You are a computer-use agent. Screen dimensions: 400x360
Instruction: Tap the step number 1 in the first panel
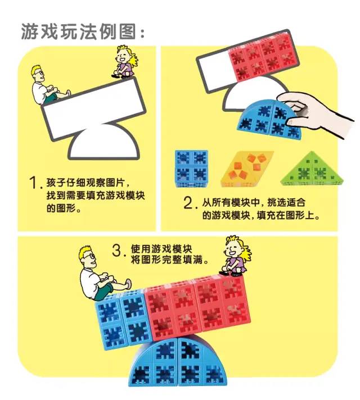tap(35, 184)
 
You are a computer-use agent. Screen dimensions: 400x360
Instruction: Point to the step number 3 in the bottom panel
tap(117, 251)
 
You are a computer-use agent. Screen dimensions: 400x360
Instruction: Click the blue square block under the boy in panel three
tap(121, 317)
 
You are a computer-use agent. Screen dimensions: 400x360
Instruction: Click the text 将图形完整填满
tap(169, 261)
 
